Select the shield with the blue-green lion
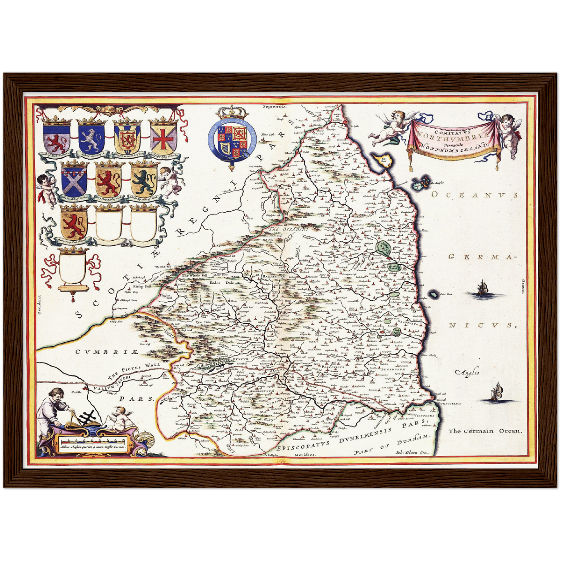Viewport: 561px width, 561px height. pos(144,181)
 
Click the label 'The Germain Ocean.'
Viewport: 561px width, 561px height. pos(486,431)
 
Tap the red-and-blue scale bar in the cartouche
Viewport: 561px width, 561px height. pos(92,441)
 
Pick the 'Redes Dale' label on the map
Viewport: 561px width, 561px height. pos(215,283)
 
